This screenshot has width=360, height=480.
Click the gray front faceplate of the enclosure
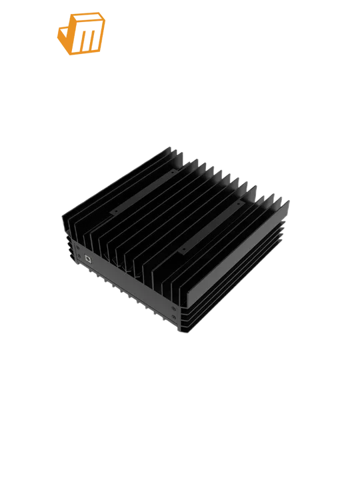point(127,283)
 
